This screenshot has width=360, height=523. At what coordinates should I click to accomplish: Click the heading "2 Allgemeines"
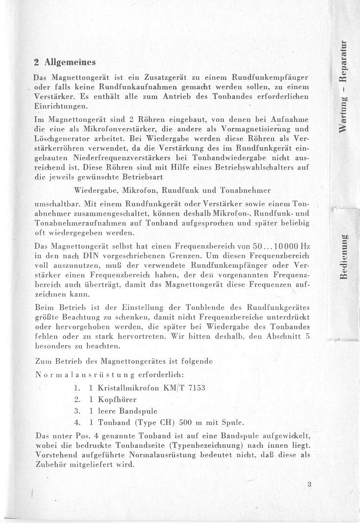click(x=65, y=62)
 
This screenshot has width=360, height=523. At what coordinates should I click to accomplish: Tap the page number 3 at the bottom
click(x=309, y=484)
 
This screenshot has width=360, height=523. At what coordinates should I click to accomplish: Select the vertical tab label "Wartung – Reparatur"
click(x=344, y=86)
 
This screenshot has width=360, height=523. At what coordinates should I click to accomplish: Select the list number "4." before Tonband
click(x=78, y=422)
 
